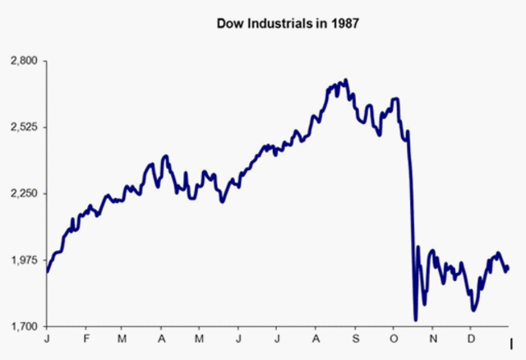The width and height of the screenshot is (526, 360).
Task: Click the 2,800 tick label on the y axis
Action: point(22,61)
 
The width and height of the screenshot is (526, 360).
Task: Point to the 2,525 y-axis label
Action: point(22,127)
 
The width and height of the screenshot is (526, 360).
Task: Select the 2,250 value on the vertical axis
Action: point(22,194)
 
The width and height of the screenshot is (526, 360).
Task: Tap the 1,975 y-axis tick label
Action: point(22,261)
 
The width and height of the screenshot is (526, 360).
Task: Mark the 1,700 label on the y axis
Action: point(22,327)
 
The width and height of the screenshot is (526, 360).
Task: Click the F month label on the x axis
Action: point(83,339)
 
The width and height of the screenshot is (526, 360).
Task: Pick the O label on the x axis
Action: point(394,339)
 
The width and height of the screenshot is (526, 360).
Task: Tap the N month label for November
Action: point(433,339)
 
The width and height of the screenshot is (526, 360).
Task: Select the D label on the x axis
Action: point(471,339)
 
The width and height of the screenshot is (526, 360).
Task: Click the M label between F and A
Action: point(122,339)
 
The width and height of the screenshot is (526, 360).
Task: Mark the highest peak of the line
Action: point(346,80)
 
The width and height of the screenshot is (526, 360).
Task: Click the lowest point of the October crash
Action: point(416,320)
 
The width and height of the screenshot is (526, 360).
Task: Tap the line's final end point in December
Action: point(508,267)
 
